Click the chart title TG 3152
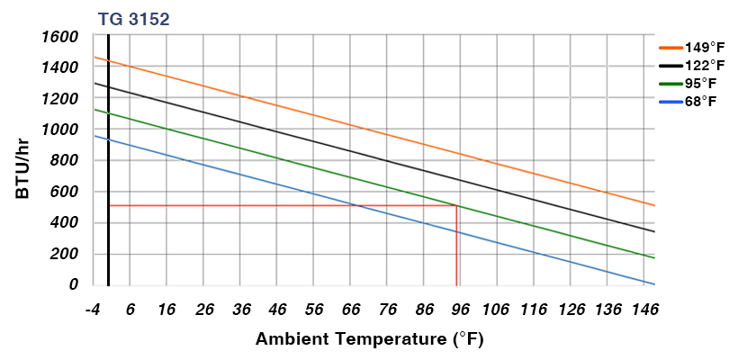pyautogui.click(x=133, y=18)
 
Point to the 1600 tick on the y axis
pyautogui.click(x=60, y=37)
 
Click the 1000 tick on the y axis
pyautogui.click(x=60, y=130)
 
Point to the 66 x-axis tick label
pyautogui.click(x=351, y=310)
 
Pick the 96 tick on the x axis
pyautogui.click(x=461, y=310)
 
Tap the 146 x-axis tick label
pyautogui.click(x=645, y=310)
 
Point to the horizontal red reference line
pyautogui.click(x=270, y=206)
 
